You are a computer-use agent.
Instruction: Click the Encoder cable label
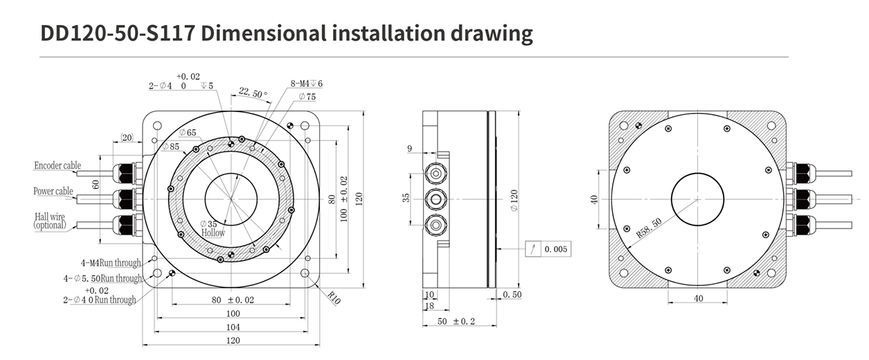(x=57, y=165)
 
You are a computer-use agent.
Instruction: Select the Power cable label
(x=53, y=191)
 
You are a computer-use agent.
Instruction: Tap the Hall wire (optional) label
(x=50, y=221)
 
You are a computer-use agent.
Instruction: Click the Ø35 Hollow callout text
(x=213, y=229)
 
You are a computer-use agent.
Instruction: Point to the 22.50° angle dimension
(x=253, y=93)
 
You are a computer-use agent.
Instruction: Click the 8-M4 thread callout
(x=307, y=83)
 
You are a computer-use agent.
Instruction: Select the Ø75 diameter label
(x=307, y=97)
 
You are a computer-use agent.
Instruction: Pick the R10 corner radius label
(x=334, y=298)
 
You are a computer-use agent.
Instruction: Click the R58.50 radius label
(x=649, y=228)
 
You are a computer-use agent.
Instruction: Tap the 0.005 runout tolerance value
(x=556, y=249)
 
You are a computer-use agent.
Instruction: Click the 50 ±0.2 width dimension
(x=456, y=322)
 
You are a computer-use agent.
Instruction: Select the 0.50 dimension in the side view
(x=512, y=294)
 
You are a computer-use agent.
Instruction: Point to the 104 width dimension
(x=233, y=327)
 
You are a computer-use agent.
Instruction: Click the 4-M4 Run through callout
(x=111, y=263)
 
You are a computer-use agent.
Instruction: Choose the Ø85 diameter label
(x=171, y=147)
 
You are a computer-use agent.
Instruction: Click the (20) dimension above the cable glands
(x=127, y=137)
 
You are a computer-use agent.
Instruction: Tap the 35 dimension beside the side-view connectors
(x=406, y=198)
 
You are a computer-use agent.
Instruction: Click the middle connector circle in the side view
(x=436, y=199)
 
